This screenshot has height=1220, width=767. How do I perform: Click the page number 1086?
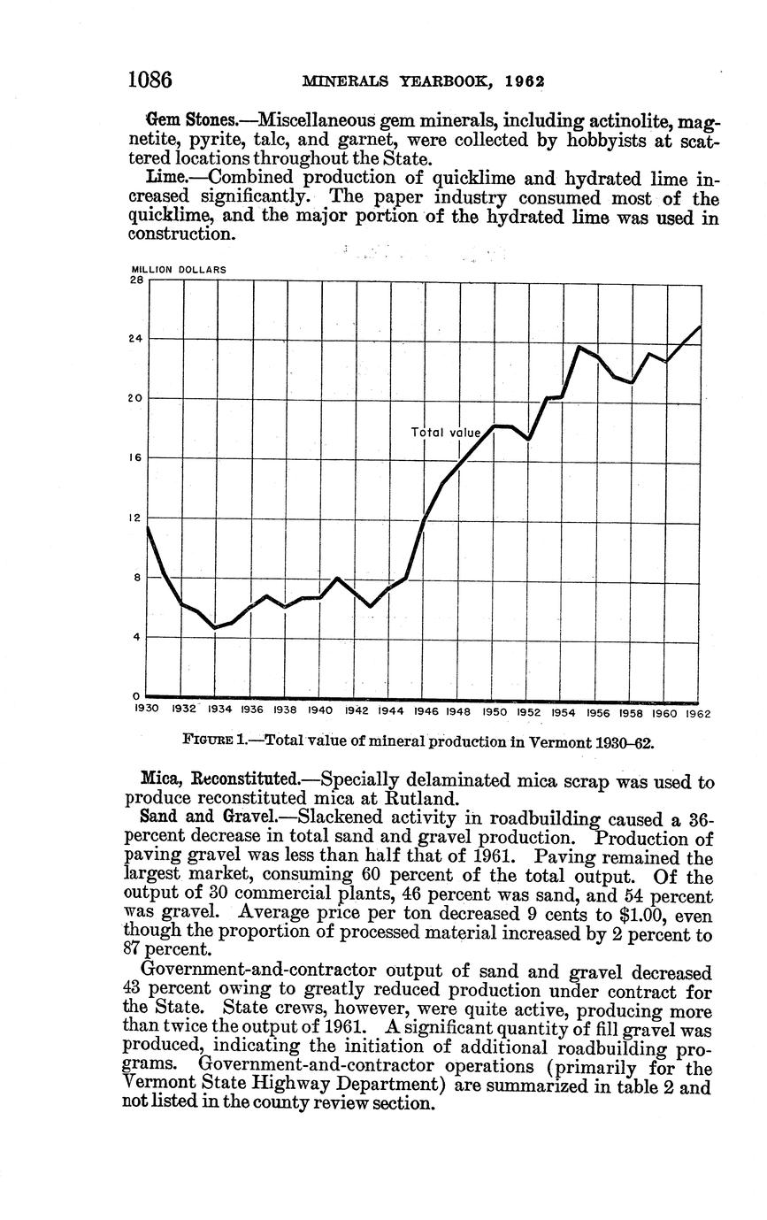[150, 80]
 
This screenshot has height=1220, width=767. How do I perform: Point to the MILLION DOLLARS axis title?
[179, 270]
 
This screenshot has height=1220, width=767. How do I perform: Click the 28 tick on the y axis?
[138, 280]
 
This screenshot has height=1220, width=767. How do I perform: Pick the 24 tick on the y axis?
[138, 338]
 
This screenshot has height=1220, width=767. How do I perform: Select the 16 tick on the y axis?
[138, 458]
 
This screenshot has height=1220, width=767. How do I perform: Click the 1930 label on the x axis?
[146, 710]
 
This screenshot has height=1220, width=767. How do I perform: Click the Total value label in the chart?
[446, 433]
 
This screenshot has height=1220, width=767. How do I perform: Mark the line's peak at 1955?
[579, 347]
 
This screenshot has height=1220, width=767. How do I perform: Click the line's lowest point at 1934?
[215, 627]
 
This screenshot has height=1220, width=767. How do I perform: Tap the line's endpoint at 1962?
[701, 326]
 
